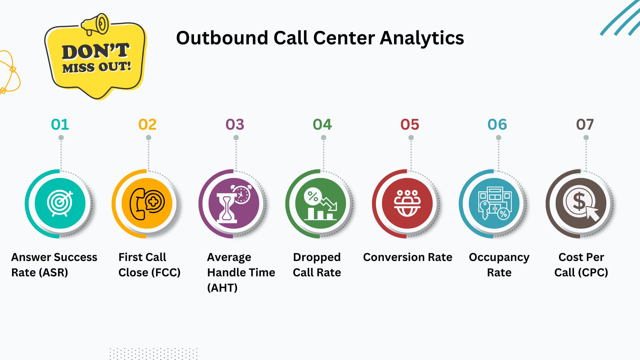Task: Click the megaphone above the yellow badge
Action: click(x=95, y=24)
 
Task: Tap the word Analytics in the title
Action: click(x=422, y=38)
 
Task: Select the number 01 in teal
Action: click(x=60, y=125)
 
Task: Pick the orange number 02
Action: click(x=147, y=125)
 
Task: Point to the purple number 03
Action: click(x=235, y=125)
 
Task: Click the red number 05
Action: click(x=410, y=125)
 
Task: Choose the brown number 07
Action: click(x=585, y=125)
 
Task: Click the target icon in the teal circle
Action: click(x=60, y=203)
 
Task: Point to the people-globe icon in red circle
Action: click(x=407, y=203)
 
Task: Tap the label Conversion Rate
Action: click(x=408, y=257)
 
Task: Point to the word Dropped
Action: click(x=317, y=257)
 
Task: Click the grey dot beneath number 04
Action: click(x=323, y=138)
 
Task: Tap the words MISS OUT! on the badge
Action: click(x=97, y=67)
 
